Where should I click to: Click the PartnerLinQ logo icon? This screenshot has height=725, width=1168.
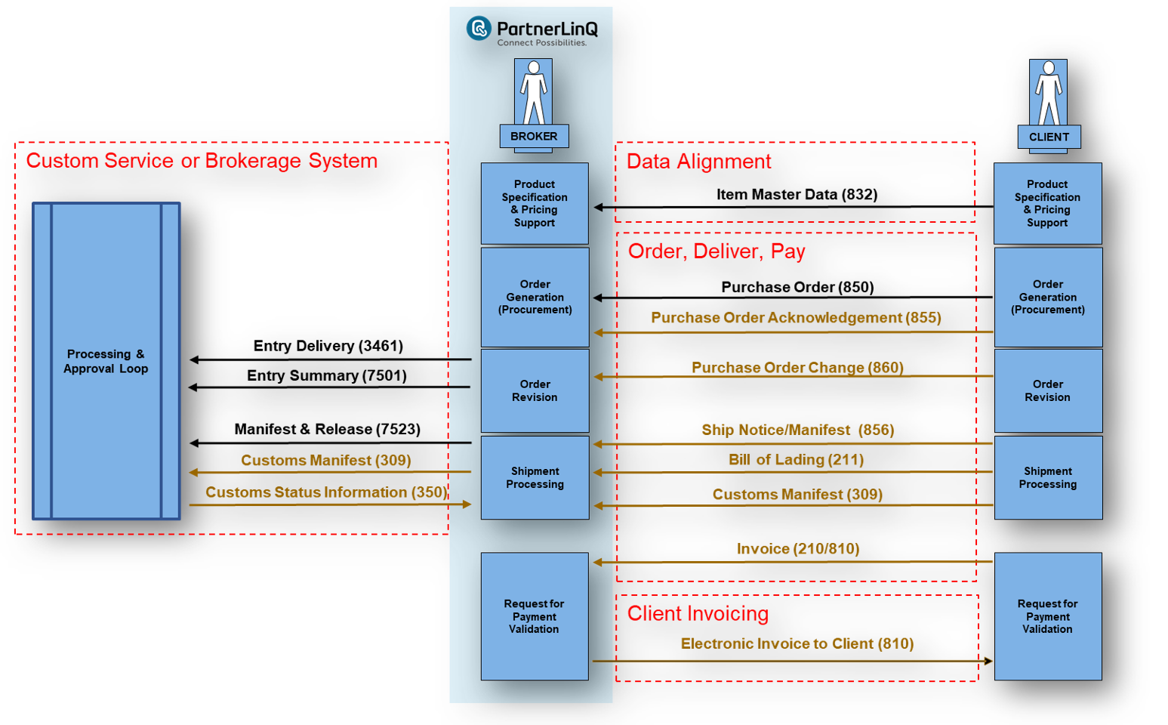(x=479, y=29)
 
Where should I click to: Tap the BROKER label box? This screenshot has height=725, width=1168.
(x=534, y=137)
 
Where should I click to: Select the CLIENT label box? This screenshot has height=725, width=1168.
(x=1049, y=137)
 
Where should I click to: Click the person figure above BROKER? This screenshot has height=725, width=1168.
(x=534, y=92)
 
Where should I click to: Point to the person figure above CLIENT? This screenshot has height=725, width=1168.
(x=1049, y=92)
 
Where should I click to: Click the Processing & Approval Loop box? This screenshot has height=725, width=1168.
(x=106, y=361)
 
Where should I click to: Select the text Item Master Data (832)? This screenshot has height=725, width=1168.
(x=797, y=195)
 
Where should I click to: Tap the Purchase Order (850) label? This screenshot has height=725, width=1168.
(x=797, y=287)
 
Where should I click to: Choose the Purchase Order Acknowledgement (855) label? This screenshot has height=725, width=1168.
(x=796, y=318)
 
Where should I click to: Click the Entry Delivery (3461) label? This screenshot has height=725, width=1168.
(x=328, y=346)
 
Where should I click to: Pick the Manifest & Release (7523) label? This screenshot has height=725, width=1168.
(x=327, y=429)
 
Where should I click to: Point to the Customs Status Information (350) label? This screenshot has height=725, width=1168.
(x=326, y=492)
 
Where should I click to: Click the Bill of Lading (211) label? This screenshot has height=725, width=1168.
(x=796, y=460)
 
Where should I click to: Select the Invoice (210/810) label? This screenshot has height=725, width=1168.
(x=798, y=549)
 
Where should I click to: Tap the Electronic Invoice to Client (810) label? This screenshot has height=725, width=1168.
(x=797, y=643)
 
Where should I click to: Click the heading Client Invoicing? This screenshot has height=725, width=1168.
(x=698, y=614)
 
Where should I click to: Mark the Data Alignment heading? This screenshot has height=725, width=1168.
(x=698, y=162)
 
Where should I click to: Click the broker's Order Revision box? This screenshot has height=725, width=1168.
(x=535, y=390)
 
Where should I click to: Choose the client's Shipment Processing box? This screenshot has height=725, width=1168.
(x=1048, y=477)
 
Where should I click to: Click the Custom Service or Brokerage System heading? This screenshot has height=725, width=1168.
(x=202, y=161)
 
